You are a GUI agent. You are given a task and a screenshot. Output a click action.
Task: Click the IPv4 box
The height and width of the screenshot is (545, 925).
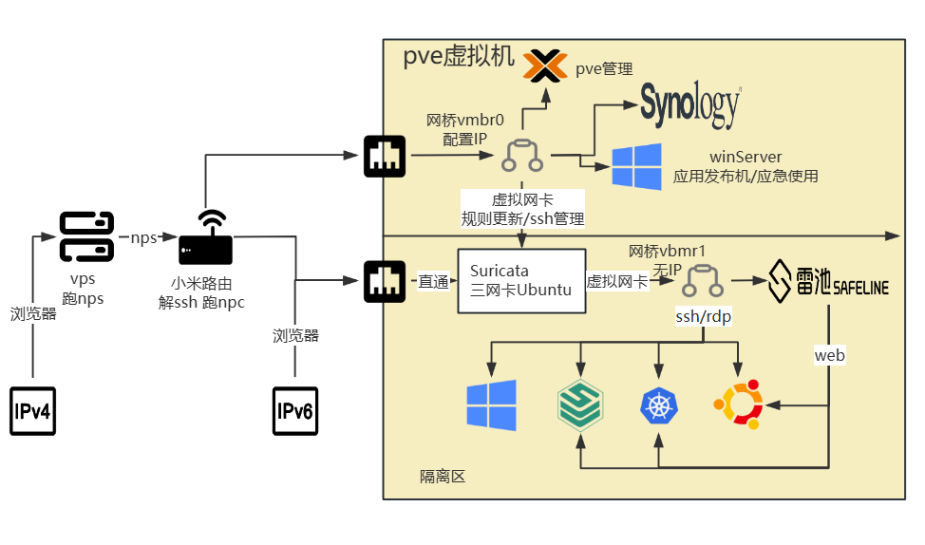click(33, 410)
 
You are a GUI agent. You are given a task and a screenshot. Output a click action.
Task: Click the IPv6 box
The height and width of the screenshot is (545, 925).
click(295, 410)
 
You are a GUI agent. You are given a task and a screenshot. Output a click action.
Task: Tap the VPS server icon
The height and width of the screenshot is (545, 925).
click(86, 237)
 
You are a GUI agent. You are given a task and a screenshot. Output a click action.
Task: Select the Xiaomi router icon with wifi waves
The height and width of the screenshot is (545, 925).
click(205, 238)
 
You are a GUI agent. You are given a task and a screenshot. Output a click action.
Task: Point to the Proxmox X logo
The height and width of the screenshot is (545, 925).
click(545, 66)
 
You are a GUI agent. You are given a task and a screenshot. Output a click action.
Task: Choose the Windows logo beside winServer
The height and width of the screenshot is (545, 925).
click(636, 167)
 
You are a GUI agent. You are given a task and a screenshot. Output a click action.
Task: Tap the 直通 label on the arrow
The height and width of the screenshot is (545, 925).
click(433, 281)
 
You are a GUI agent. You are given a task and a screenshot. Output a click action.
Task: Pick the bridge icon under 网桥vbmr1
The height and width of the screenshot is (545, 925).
click(704, 281)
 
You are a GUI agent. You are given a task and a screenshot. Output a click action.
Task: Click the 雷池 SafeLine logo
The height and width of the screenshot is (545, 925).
click(828, 281)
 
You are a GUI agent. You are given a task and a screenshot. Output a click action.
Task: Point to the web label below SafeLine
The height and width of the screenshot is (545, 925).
click(829, 355)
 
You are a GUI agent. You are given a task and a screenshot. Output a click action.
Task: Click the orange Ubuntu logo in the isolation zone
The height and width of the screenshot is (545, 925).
click(738, 405)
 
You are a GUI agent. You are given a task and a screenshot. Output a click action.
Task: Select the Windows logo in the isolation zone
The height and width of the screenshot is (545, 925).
click(491, 405)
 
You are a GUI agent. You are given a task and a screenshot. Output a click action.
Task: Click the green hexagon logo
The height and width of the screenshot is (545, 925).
click(579, 405)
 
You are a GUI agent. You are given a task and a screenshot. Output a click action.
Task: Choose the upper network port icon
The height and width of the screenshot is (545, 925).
click(385, 157)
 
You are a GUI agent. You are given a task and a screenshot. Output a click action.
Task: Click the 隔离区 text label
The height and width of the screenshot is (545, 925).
click(443, 477)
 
